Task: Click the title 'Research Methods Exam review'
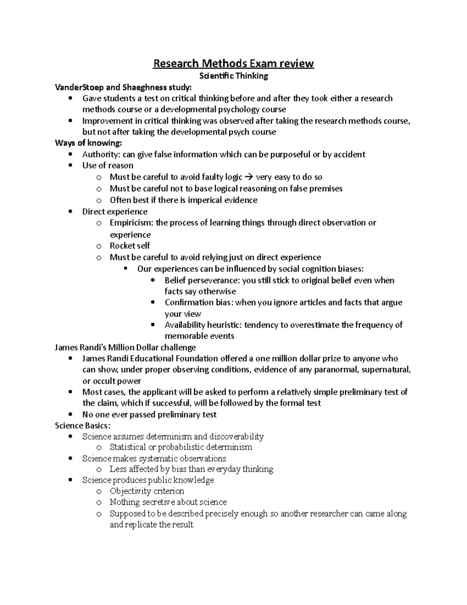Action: (233, 63)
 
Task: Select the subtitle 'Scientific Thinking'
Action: (233, 76)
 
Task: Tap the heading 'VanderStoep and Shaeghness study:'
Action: (123, 87)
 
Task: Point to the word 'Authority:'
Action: (101, 155)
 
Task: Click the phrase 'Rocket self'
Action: (130, 246)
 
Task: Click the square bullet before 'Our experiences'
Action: (125, 269)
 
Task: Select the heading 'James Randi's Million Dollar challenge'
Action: (125, 347)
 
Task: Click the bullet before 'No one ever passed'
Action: (70, 415)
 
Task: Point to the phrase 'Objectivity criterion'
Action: (147, 491)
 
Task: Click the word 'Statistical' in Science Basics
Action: (128, 447)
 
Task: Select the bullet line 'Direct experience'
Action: (115, 212)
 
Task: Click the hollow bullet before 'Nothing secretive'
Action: (99, 503)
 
